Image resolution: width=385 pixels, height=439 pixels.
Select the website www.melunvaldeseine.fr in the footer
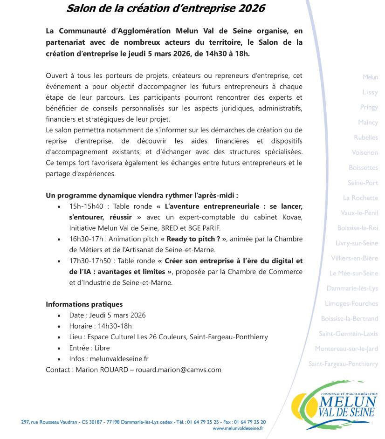[238, 428]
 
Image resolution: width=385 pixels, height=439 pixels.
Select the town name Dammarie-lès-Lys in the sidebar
[352, 288]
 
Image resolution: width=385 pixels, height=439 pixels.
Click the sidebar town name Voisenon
[364, 152]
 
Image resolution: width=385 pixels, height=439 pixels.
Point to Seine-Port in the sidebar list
[363, 183]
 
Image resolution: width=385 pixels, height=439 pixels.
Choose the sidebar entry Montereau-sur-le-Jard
[346, 349]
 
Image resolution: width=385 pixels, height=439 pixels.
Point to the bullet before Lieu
[59, 337]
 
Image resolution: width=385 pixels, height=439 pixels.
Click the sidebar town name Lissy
[370, 92]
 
